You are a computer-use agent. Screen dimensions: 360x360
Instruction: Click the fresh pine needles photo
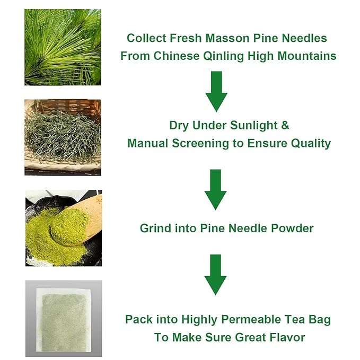63,47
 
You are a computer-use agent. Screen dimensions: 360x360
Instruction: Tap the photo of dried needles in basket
63,137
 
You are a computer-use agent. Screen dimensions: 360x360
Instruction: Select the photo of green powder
63,227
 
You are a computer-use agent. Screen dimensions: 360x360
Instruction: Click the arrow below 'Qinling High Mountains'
216,91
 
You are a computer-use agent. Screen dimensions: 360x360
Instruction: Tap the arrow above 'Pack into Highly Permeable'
216,274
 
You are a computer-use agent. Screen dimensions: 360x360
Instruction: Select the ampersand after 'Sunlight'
285,126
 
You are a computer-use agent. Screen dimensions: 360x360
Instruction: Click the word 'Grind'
155,229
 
